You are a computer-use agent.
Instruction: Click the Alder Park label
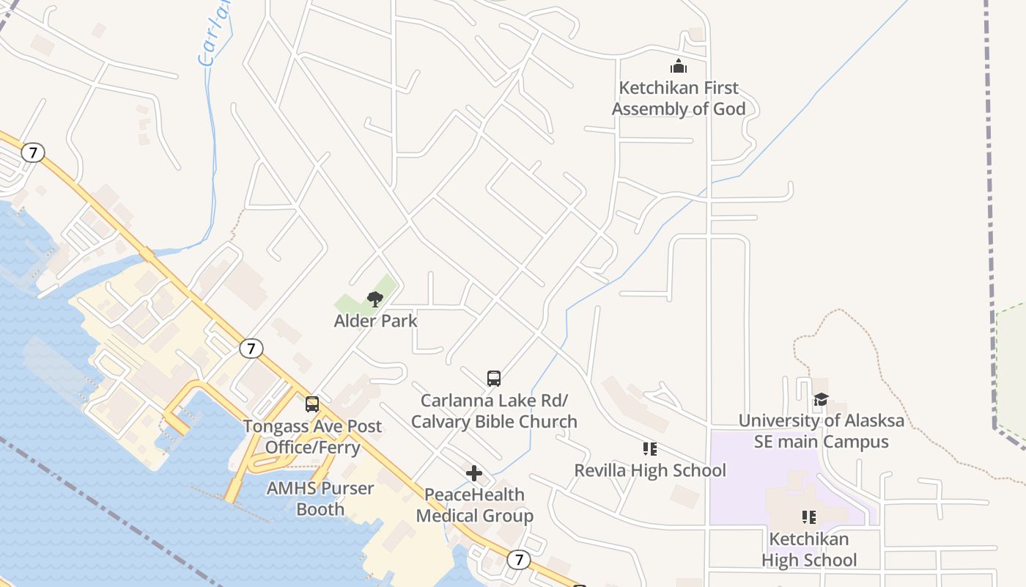(x=375, y=321)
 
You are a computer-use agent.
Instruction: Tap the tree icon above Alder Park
(x=375, y=299)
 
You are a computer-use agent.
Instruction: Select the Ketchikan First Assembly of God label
(x=679, y=98)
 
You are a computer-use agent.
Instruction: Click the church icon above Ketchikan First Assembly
(x=679, y=66)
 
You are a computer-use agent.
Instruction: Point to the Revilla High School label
(x=650, y=470)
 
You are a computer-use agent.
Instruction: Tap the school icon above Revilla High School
(x=649, y=448)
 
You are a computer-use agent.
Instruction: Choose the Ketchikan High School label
(x=809, y=550)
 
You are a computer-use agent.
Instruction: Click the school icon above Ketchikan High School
(x=809, y=517)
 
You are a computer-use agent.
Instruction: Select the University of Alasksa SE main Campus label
(x=822, y=431)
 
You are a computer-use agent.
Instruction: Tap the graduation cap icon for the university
(x=821, y=400)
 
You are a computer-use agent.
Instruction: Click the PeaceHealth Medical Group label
(x=475, y=506)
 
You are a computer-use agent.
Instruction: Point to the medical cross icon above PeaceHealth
(x=474, y=473)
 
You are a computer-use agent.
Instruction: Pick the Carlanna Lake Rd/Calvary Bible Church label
(x=494, y=411)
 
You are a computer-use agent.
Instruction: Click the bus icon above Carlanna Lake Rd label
(x=494, y=379)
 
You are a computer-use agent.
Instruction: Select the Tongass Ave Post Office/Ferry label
(x=312, y=437)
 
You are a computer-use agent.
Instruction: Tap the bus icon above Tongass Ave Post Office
(x=312, y=404)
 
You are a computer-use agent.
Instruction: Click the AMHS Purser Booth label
(x=320, y=498)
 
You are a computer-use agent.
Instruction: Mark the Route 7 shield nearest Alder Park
(x=251, y=349)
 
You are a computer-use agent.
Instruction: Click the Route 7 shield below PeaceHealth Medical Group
(x=519, y=560)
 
